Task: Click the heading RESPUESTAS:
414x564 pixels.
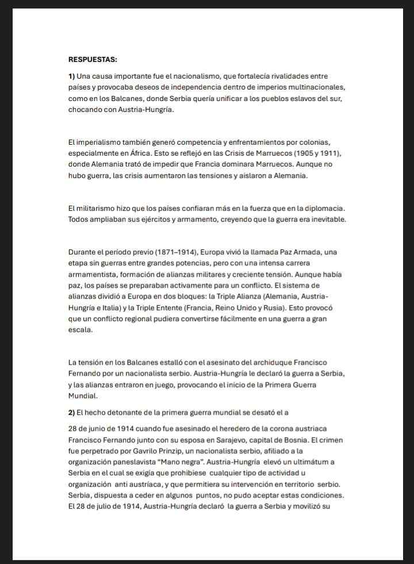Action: click(x=93, y=59)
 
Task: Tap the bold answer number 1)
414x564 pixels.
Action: click(x=72, y=76)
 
